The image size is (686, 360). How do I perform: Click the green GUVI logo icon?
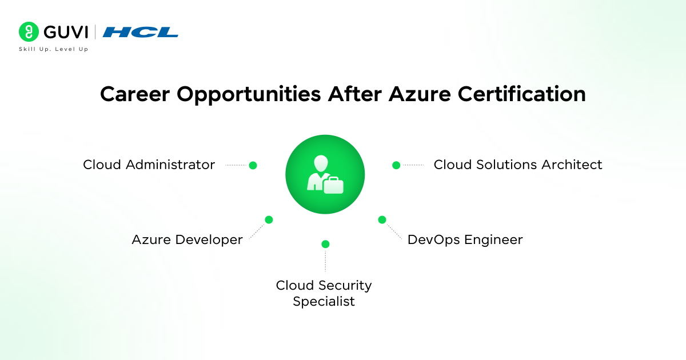tap(28, 32)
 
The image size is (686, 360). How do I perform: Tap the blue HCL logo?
tap(140, 33)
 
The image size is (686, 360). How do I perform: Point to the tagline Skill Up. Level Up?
tap(53, 49)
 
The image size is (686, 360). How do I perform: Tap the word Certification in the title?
tap(520, 95)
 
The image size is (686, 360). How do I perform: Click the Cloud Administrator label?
tap(149, 165)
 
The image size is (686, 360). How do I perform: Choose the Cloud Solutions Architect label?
tap(518, 165)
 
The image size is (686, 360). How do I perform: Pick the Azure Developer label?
tap(187, 240)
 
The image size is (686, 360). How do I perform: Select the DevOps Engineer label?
tap(465, 240)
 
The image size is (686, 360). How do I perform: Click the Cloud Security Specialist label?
tap(324, 293)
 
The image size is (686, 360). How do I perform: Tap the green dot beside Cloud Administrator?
tap(253, 166)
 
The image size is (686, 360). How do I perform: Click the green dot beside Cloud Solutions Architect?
tap(396, 165)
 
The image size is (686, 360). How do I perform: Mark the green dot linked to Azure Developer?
tap(269, 219)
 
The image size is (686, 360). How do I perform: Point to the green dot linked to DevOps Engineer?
tap(382, 219)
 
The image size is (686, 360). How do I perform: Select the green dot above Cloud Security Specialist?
tap(325, 244)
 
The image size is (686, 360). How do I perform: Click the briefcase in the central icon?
tap(333, 185)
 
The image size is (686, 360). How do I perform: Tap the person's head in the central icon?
tap(320, 163)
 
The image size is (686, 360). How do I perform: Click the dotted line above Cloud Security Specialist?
tap(325, 261)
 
